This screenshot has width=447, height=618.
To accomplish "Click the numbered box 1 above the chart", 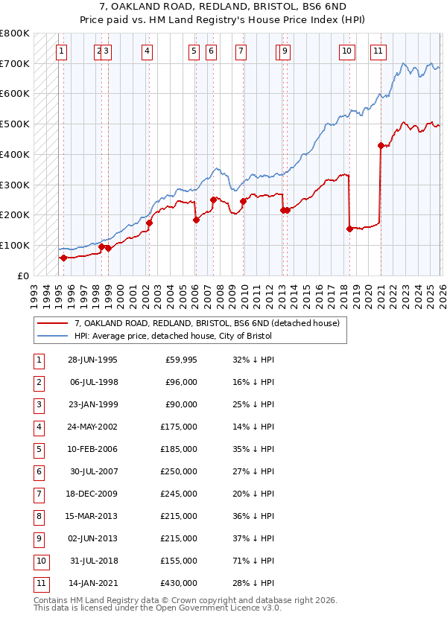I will [x=60, y=51].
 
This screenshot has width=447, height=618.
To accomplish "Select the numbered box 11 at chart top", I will [x=378, y=51].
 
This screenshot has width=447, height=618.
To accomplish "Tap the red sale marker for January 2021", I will [x=381, y=146].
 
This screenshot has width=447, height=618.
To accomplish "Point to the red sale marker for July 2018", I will [x=349, y=229].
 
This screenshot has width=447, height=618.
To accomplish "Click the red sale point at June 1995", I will [x=63, y=258].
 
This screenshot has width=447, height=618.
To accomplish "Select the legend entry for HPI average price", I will [x=173, y=336].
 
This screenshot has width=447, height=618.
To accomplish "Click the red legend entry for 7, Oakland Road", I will [x=206, y=323].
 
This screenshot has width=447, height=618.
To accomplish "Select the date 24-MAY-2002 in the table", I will [x=92, y=427].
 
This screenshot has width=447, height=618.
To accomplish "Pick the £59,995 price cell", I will [x=181, y=360].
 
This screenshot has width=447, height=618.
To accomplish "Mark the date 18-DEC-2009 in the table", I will [x=92, y=494].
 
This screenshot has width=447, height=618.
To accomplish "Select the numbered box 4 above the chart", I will [x=147, y=51].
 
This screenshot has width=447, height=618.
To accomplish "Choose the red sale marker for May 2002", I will [x=149, y=223].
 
